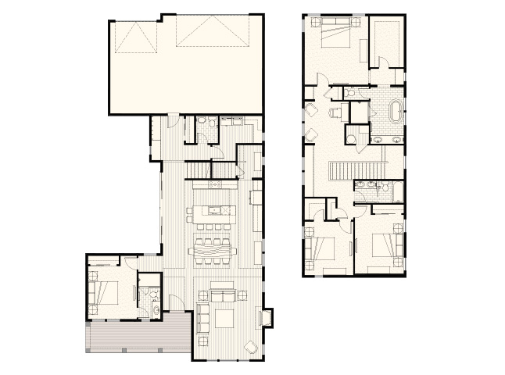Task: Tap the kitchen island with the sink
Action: click(x=211, y=210)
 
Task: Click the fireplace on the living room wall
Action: click(x=267, y=318)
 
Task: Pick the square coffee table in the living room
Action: click(x=227, y=319)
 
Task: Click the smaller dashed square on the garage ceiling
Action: click(x=136, y=36)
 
